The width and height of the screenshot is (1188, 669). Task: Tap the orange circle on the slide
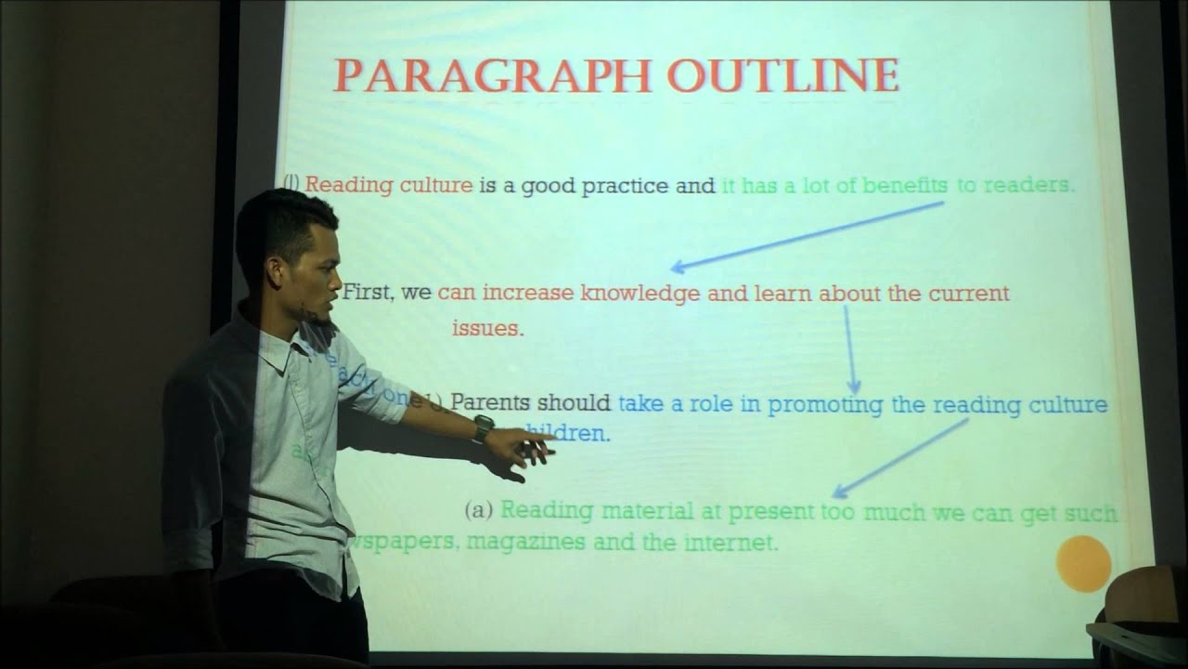(1083, 563)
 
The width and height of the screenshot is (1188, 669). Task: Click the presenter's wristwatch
(483, 426)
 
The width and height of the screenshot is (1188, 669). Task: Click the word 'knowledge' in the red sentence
(639, 295)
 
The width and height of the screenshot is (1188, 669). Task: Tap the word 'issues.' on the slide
(487, 328)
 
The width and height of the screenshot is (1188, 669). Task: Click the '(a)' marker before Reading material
(478, 510)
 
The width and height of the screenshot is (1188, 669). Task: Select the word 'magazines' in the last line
(525, 543)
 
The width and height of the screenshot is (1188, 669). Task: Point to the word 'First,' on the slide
(370, 294)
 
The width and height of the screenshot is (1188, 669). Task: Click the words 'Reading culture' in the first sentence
(389, 185)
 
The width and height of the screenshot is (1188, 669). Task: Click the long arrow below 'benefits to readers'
(807, 237)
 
